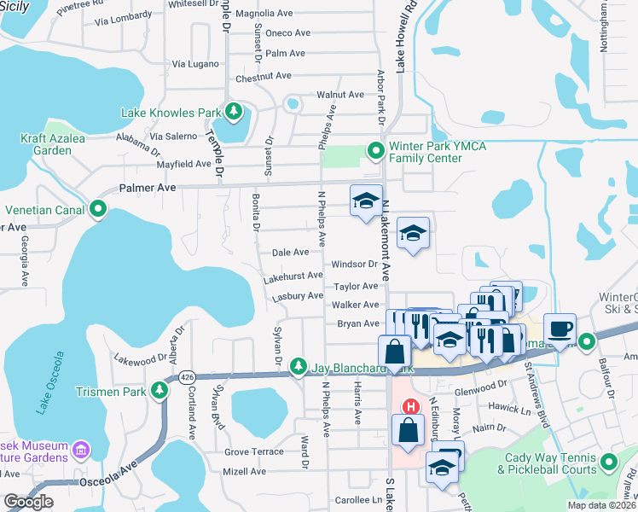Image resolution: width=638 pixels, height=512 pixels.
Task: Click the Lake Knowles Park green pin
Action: pos(232,112)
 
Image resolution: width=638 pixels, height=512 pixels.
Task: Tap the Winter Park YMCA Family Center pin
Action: pos(375,151)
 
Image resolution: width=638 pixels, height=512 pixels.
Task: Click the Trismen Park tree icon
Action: pos(159,391)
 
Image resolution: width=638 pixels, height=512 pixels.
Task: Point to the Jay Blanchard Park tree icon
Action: pos(298,366)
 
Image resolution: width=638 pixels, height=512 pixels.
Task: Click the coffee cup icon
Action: pos(560,329)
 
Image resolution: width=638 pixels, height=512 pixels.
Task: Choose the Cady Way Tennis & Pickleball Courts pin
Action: pos(608,463)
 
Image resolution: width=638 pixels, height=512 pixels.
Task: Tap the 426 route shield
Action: pos(185,375)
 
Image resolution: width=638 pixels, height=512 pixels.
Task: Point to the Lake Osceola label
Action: pos(49,381)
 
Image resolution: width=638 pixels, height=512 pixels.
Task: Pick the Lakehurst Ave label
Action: pos(293,276)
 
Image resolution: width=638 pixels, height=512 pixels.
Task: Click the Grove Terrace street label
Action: pos(254,451)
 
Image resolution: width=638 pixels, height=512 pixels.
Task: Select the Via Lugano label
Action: pos(196,64)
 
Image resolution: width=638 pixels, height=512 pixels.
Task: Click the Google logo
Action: pos(28,502)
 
